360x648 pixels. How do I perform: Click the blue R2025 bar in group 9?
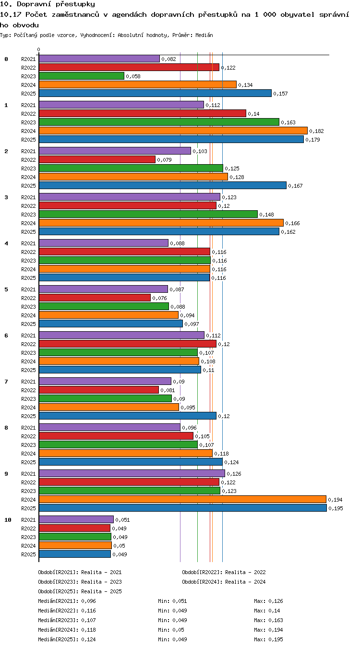point(183,508)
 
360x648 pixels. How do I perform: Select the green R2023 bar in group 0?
point(82,76)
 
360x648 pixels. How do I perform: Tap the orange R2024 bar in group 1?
point(173,131)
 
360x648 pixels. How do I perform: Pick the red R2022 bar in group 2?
point(97,159)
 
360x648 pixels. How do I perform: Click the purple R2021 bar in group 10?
point(76,519)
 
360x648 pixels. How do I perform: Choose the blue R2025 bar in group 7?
point(128,416)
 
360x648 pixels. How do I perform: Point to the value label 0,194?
point(335,500)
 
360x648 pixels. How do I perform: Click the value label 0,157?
point(280,94)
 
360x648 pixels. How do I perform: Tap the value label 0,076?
point(159,298)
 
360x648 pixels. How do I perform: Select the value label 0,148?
point(266,215)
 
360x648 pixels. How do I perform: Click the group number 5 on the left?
point(6,289)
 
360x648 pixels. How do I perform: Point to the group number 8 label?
point(6,428)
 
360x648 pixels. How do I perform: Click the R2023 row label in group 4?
point(28,261)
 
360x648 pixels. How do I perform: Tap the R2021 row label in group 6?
point(28,336)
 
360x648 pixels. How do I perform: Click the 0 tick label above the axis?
point(39,50)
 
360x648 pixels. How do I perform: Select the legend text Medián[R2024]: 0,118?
point(67,630)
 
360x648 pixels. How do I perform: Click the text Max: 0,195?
point(268,639)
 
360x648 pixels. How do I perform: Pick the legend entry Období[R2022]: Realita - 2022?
point(224,572)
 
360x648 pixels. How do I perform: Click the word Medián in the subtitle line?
point(204,35)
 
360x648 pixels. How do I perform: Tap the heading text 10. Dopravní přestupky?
point(48,4)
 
